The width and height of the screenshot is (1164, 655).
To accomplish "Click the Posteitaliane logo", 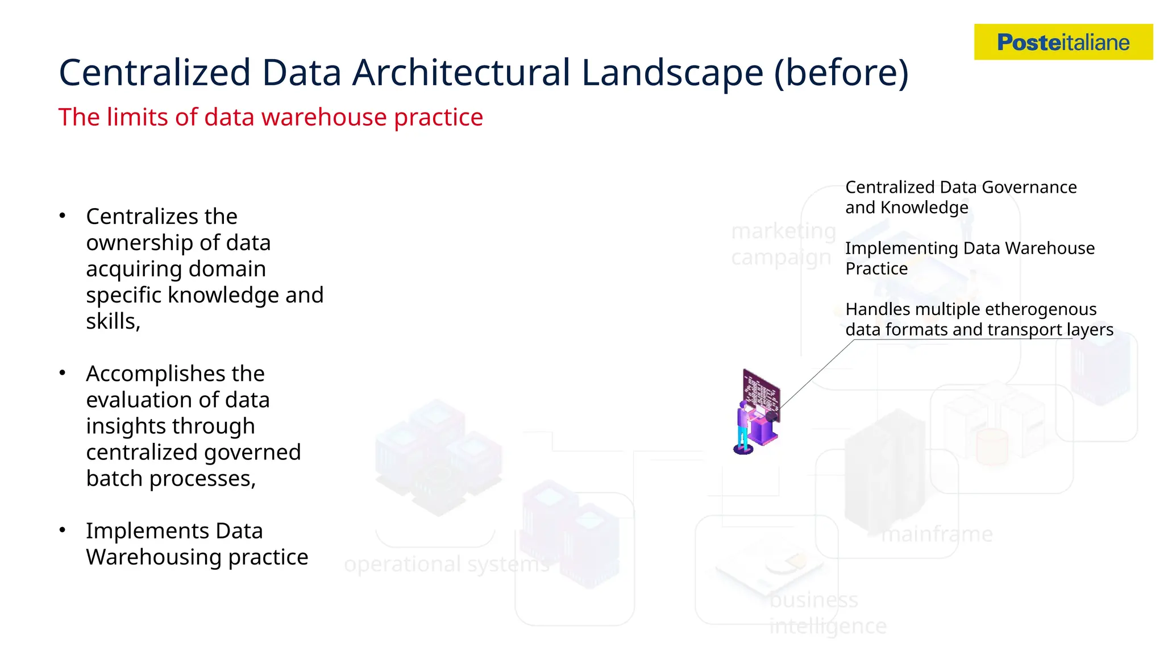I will [x=1063, y=42].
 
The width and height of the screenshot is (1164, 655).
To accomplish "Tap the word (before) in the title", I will [x=841, y=73].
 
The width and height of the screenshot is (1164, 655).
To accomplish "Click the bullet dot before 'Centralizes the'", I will [x=63, y=215].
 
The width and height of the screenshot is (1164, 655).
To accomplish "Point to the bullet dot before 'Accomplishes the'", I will [x=63, y=373].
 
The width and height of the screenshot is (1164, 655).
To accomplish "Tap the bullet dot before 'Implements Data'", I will [x=63, y=530].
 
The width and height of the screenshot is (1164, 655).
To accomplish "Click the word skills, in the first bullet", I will [x=113, y=321].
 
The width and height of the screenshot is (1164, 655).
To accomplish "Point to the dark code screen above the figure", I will [x=762, y=393].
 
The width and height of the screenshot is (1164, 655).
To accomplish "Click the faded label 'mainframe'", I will [x=937, y=534].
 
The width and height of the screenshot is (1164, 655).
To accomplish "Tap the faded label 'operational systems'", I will [x=447, y=565].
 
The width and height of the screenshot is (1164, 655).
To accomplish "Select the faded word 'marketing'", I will [x=783, y=231].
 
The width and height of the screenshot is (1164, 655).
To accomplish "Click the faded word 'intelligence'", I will [x=828, y=626].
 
